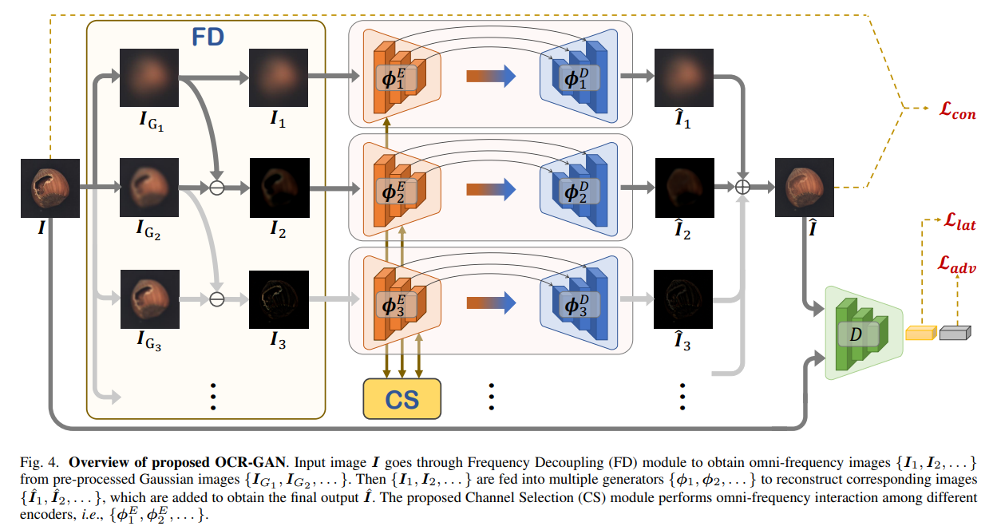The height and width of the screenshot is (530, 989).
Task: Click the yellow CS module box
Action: tap(402, 398)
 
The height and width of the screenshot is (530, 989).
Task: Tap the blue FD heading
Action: tap(207, 38)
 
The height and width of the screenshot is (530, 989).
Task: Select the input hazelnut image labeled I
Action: tap(49, 188)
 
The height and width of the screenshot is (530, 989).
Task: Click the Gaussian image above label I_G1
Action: tap(149, 77)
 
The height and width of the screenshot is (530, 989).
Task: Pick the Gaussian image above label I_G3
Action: tap(149, 299)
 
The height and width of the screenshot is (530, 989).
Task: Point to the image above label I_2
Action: tap(279, 188)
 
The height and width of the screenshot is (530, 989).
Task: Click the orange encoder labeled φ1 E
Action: tap(397, 77)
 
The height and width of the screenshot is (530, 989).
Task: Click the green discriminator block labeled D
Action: tap(857, 333)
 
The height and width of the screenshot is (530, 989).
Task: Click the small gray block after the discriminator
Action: tap(953, 332)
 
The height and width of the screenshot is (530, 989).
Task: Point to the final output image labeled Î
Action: tap(805, 188)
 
